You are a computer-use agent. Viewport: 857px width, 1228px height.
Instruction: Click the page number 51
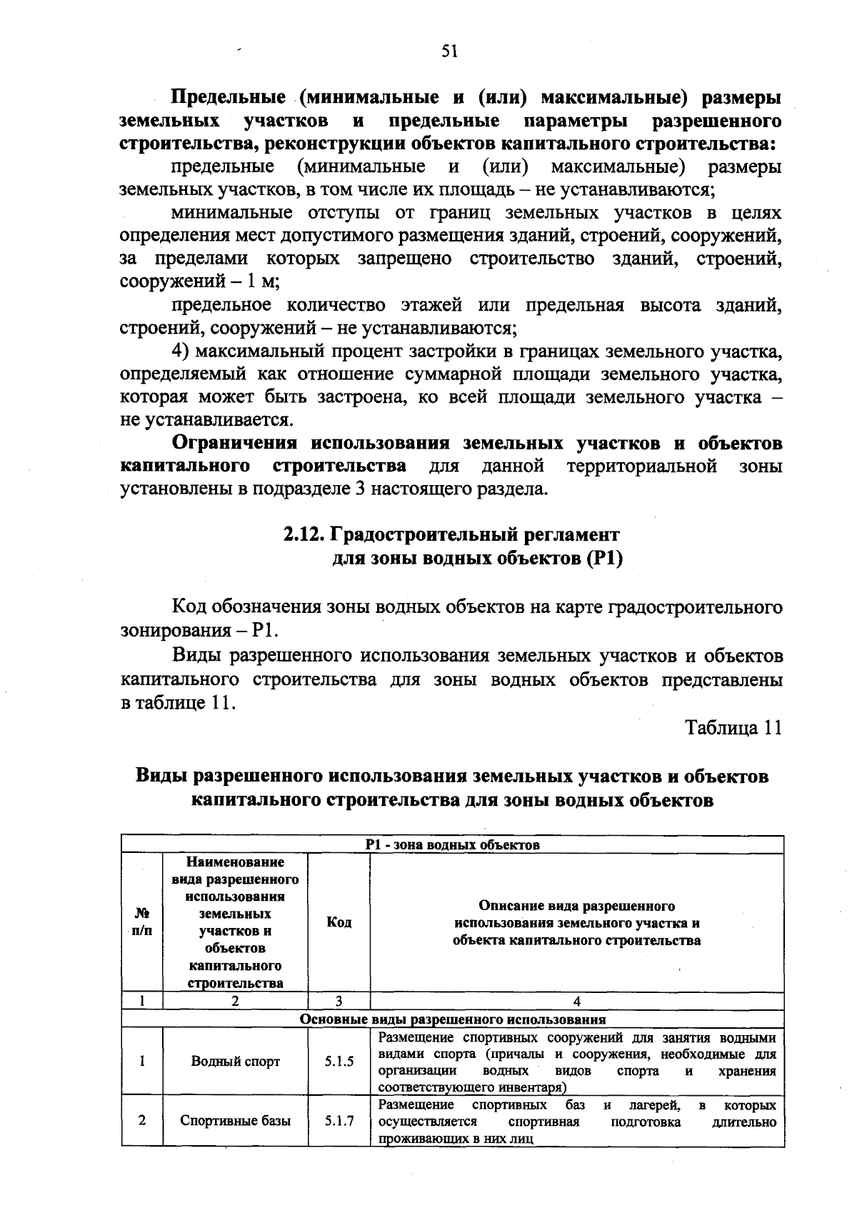[449, 51]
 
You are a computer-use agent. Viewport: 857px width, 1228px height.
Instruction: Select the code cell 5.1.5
[339, 1061]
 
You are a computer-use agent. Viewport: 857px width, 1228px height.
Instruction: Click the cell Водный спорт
[236, 1061]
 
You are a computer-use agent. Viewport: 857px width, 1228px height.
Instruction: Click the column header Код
[339, 922]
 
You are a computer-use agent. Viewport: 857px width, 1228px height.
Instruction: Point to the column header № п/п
[142, 922]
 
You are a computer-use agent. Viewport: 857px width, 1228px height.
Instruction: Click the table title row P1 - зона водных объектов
[452, 844]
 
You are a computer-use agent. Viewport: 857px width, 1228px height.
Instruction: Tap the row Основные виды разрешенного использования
[452, 1019]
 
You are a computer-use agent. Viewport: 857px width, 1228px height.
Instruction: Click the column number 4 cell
[577, 1002]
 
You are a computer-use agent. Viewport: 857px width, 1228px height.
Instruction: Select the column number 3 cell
[339, 1002]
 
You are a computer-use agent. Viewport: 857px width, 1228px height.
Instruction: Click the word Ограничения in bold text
[235, 443]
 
